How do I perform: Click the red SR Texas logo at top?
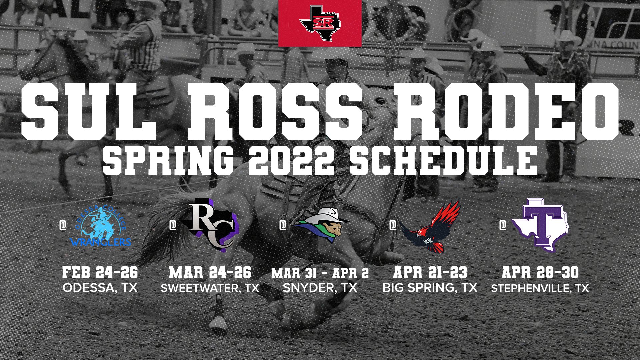click(x=320, y=23)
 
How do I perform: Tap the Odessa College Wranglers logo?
click(x=101, y=227)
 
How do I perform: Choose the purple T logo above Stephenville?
click(x=540, y=225)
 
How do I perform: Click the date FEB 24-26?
click(x=100, y=272)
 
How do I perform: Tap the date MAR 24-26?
click(x=210, y=272)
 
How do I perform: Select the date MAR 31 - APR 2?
click(x=320, y=273)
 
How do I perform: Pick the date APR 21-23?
click(x=430, y=272)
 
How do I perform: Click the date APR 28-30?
click(x=540, y=272)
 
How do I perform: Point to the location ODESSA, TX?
click(x=100, y=288)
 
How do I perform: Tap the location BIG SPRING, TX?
click(x=430, y=288)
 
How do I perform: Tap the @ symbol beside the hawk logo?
click(x=393, y=226)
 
